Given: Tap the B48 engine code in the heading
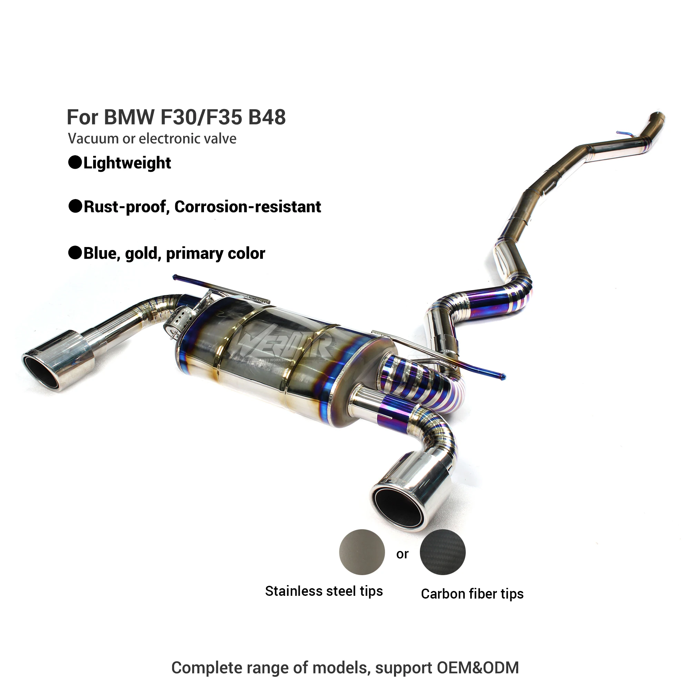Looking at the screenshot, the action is tap(267, 117).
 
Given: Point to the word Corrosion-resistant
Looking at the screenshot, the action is tap(247, 207).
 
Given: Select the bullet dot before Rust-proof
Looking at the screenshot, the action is tap(75, 206).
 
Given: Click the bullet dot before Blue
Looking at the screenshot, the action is tap(75, 253).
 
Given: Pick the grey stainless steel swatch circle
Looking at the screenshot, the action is tap(362, 552).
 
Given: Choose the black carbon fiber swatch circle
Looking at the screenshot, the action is tap(443, 552).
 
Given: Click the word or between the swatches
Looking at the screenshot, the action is tap(402, 554).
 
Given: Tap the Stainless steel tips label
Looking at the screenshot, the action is tap(324, 591).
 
